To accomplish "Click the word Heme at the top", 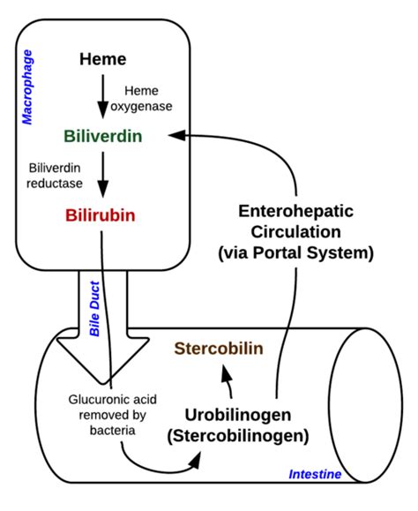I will (102, 60).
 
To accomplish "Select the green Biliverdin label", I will (103, 137).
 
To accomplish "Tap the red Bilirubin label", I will (102, 214).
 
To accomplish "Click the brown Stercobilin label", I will (218, 348).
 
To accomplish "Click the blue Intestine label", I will (315, 475).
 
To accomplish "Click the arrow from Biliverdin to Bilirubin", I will (103, 176).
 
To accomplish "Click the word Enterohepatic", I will (295, 213).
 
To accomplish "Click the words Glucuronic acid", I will (108, 399).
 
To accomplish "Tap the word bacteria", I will (108, 431).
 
